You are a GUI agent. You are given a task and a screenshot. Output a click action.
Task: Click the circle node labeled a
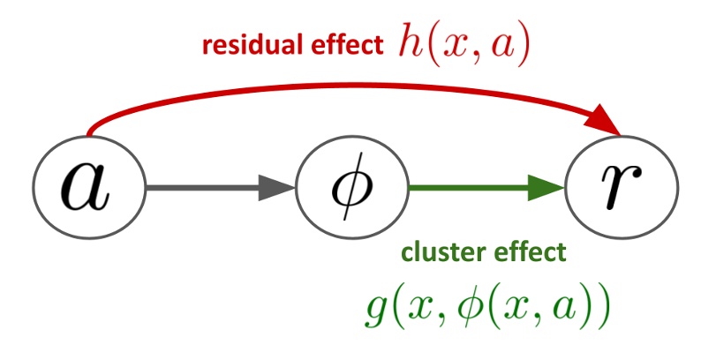pos(87,188)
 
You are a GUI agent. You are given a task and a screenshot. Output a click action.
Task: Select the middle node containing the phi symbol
pos(351,188)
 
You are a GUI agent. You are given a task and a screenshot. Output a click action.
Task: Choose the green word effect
pos(524,253)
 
